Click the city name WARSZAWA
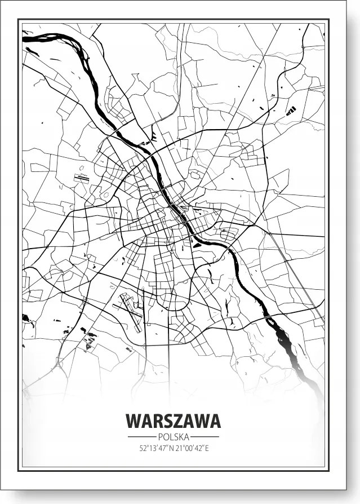point(173,421)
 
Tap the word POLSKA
point(173,437)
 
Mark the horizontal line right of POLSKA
point(205,437)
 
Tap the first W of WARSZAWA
point(134,421)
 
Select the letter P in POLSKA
point(160,437)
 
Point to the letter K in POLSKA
point(180,437)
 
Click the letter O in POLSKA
point(165,437)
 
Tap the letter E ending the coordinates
point(207,449)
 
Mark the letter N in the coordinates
point(171,449)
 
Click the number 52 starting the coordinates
point(142,449)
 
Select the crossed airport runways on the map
point(131,311)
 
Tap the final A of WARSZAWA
point(214,421)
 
